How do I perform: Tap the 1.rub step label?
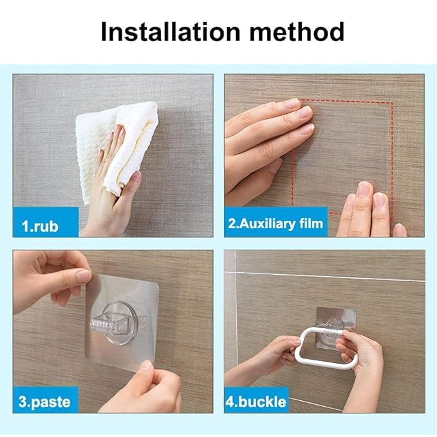pos(40,226)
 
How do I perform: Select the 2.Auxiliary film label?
pos(275,223)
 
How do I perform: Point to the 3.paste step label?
pos(44,402)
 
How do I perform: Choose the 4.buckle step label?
pos(256,402)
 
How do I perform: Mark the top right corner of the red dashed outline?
pos(393,102)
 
